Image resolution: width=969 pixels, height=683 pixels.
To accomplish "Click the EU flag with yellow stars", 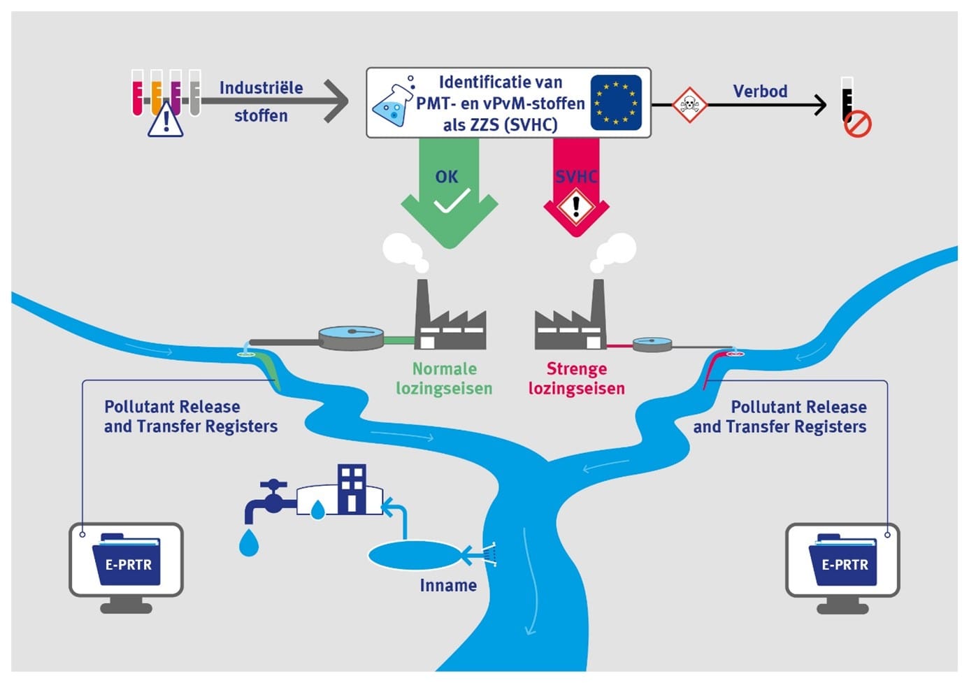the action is [615, 103].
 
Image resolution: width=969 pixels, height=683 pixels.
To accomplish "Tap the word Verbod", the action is [760, 92].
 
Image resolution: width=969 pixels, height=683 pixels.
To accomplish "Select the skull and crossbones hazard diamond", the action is [689, 105].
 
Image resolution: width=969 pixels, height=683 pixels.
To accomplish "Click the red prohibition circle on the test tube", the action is [858, 125].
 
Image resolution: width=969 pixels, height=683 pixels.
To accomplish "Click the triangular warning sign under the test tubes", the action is [166, 120].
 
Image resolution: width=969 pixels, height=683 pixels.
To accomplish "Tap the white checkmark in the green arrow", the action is [452, 201].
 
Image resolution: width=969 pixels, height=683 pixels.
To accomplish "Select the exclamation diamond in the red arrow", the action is [576, 206].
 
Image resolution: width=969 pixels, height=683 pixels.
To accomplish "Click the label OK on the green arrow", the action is [447, 176].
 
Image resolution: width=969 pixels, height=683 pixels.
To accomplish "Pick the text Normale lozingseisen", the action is [444, 378].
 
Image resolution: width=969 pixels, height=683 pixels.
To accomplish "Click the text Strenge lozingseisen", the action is [577, 378].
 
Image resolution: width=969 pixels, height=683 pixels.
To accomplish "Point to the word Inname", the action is [449, 585].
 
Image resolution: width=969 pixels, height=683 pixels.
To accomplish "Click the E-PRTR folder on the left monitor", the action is [127, 559].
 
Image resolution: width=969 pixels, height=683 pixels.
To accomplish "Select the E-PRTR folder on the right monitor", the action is [843, 559].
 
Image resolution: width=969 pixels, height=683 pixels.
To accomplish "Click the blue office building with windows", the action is [352, 489].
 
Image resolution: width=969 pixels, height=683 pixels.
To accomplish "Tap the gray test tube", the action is [195, 92].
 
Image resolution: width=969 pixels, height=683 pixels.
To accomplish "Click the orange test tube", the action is [157, 92].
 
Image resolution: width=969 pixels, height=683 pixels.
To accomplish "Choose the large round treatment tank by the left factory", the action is [351, 338].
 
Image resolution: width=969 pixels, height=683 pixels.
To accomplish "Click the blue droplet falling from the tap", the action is [249, 542].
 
